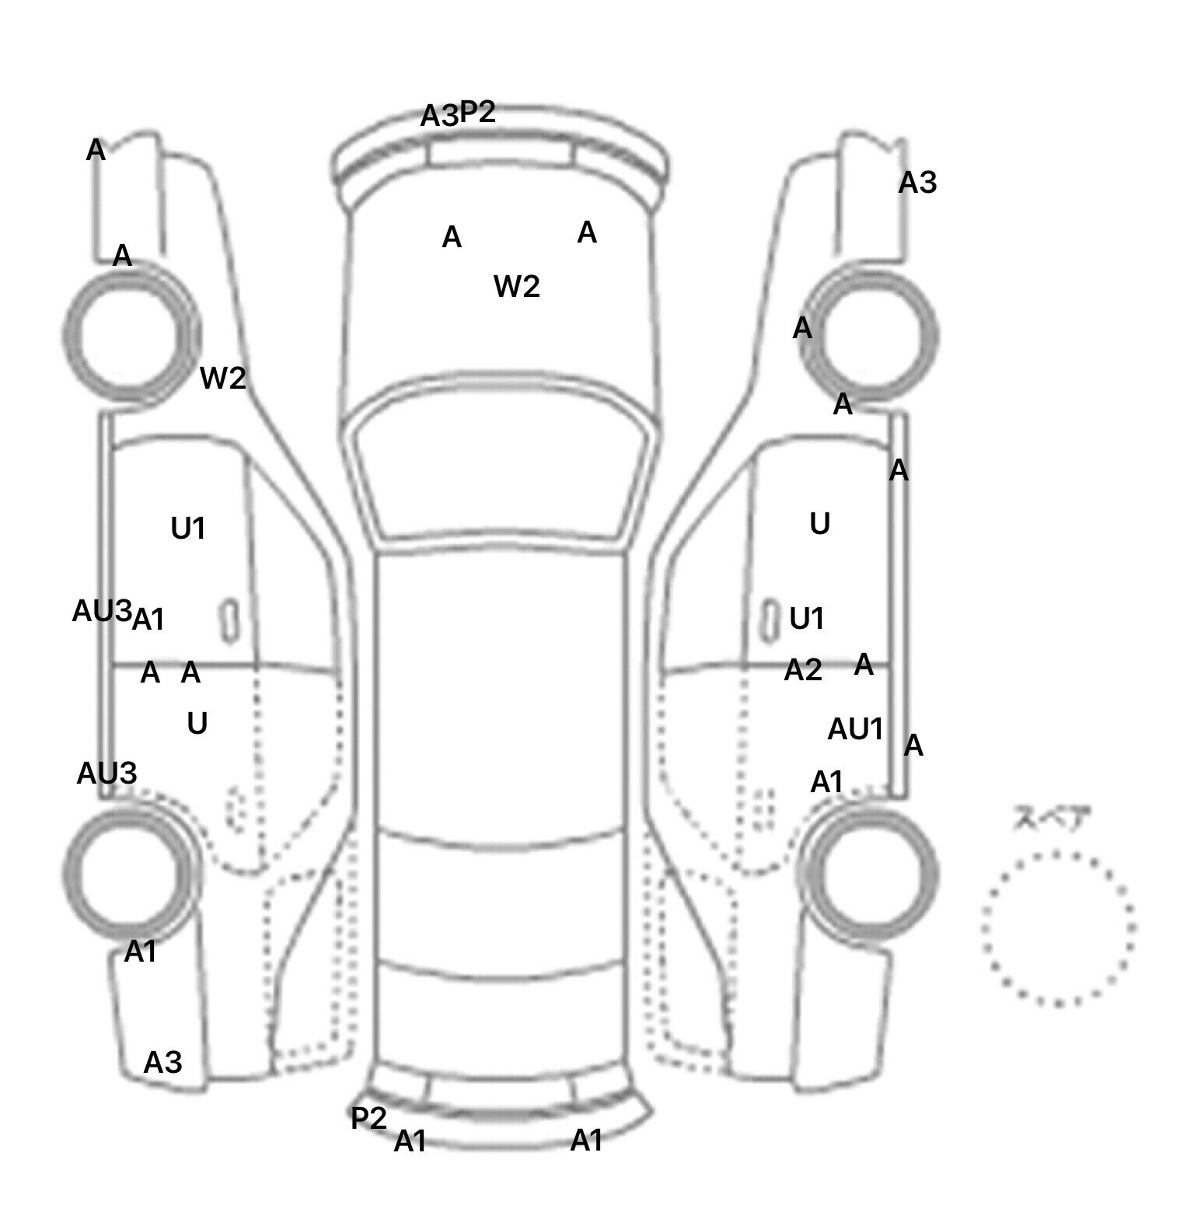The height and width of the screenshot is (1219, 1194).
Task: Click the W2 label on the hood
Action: click(516, 287)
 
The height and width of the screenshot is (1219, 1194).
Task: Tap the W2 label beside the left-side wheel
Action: click(223, 379)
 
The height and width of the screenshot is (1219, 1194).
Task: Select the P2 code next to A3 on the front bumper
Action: click(477, 112)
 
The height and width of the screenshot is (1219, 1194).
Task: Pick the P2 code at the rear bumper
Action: click(368, 1119)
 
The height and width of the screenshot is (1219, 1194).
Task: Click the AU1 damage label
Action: click(856, 729)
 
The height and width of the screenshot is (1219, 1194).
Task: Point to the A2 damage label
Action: click(803, 669)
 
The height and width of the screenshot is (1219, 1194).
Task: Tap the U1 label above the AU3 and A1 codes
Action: click(188, 529)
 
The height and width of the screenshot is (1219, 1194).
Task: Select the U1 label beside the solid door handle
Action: click(807, 619)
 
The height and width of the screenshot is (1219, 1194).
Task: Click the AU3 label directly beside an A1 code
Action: click(102, 612)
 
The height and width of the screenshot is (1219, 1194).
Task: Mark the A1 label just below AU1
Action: click(826, 782)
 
